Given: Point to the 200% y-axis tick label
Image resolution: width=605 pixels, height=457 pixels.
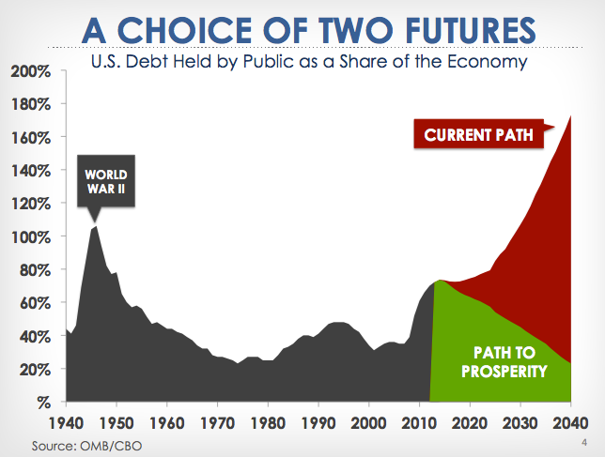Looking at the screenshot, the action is click(31, 71).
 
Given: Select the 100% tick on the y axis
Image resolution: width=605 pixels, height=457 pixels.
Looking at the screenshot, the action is click(31, 237).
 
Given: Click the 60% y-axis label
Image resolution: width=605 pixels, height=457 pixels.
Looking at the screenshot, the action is click(35, 303).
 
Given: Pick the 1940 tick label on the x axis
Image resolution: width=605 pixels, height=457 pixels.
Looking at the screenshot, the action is click(66, 422).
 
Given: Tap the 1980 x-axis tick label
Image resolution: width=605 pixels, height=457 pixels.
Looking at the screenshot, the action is click(268, 422).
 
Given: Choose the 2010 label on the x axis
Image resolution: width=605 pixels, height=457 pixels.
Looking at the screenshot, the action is click(419, 422).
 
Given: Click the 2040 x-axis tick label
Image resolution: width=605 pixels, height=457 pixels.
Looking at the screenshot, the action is click(570, 422).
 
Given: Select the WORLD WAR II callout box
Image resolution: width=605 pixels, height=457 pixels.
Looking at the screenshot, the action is click(106, 181).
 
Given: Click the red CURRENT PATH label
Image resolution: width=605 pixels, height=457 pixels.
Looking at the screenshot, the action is click(478, 134).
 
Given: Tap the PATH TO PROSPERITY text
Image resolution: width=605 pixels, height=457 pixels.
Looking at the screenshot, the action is click(504, 362).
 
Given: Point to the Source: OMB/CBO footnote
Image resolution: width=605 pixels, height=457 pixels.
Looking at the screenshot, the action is click(86, 446).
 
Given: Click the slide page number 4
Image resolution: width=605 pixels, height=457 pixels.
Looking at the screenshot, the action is click(584, 442).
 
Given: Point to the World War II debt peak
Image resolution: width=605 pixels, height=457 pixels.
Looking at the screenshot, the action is click(95, 226).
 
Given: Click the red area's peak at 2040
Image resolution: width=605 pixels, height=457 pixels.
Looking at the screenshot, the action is click(570, 116).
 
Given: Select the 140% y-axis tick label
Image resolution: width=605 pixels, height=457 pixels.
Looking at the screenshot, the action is click(31, 171).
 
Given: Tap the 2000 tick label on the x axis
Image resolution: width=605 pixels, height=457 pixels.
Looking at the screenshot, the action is click(368, 422).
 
